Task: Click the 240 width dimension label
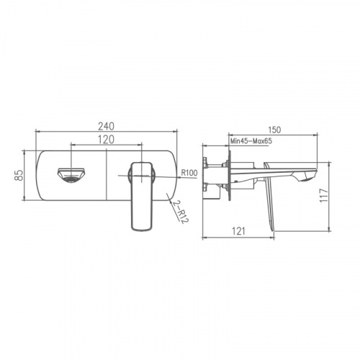(106, 126)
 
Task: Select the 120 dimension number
(107, 140)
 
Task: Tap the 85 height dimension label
(19, 175)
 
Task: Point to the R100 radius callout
(189, 173)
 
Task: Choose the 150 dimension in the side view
(274, 130)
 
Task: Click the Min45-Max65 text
(251, 141)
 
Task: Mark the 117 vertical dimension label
(324, 195)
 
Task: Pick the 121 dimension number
(239, 231)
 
